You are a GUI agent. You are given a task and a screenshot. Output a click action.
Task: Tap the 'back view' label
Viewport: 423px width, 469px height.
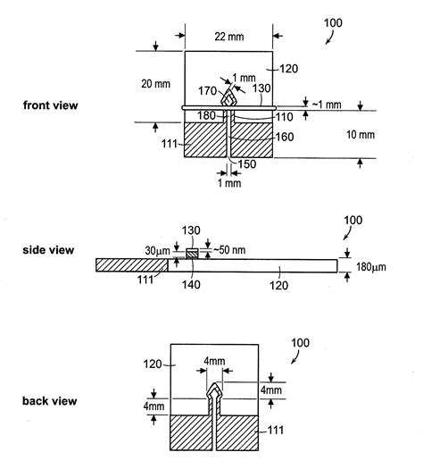coord(48,401)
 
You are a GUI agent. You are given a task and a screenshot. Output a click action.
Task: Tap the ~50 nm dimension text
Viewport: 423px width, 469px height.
coord(228,247)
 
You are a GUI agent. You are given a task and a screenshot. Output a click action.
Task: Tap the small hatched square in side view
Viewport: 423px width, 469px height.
coord(191,255)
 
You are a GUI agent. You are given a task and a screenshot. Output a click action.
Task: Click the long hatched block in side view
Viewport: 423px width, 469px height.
coord(131,265)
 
